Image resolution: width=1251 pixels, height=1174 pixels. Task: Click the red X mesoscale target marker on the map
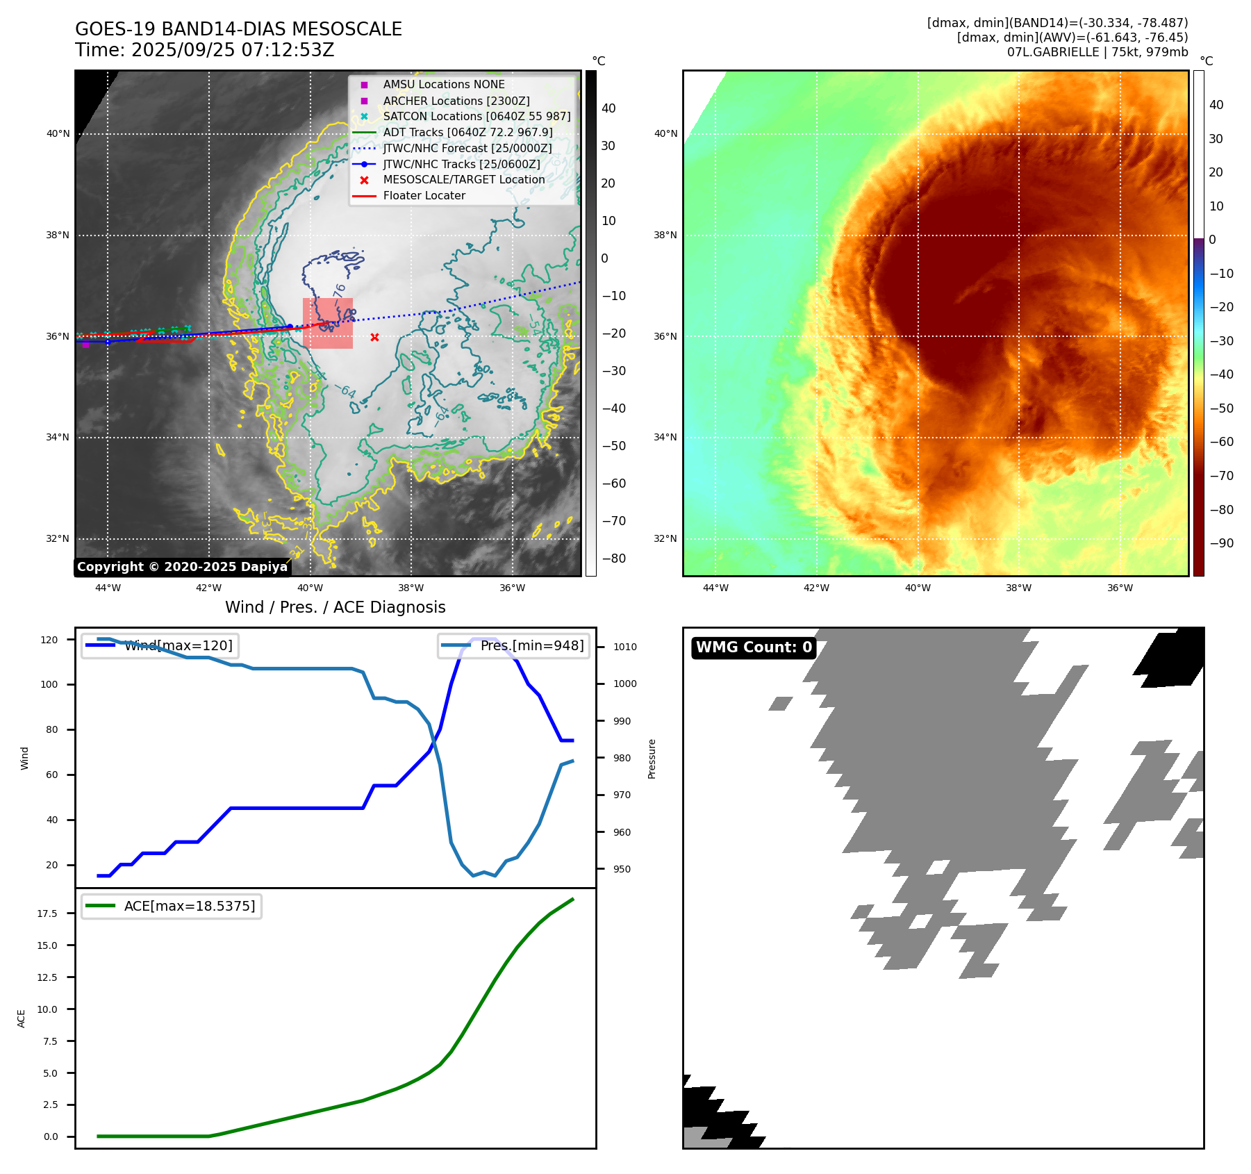[374, 338]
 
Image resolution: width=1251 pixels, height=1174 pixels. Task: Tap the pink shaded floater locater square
[328, 324]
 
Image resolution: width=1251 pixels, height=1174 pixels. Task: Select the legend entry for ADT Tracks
[467, 132]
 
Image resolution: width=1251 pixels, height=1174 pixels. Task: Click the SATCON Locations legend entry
[477, 116]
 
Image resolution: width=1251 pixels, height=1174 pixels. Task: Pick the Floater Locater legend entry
[424, 196]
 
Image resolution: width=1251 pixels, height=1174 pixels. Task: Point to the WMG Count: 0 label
[754, 647]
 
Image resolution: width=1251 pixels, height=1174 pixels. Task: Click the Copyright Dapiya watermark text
[182, 567]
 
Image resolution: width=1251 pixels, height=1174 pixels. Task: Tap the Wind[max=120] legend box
[159, 645]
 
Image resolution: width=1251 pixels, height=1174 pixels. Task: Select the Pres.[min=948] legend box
[513, 645]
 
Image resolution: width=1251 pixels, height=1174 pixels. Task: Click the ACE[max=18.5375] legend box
[171, 906]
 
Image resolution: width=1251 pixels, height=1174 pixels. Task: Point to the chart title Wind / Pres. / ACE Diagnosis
[335, 607]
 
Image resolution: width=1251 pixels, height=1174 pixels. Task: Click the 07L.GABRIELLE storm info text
[1097, 52]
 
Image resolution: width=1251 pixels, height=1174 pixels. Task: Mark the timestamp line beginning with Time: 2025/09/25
[205, 50]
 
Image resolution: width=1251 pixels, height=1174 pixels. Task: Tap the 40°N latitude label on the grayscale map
[58, 134]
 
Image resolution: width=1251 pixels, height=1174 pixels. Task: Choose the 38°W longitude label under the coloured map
[1018, 588]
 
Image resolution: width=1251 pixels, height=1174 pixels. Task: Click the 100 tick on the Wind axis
[49, 684]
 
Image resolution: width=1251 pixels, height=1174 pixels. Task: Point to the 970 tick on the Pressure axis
[622, 795]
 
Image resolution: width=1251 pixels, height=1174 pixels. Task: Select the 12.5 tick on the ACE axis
[47, 977]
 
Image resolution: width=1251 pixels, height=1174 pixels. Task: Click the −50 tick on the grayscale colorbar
[614, 446]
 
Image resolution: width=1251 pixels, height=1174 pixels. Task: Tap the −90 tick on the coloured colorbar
[1221, 543]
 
